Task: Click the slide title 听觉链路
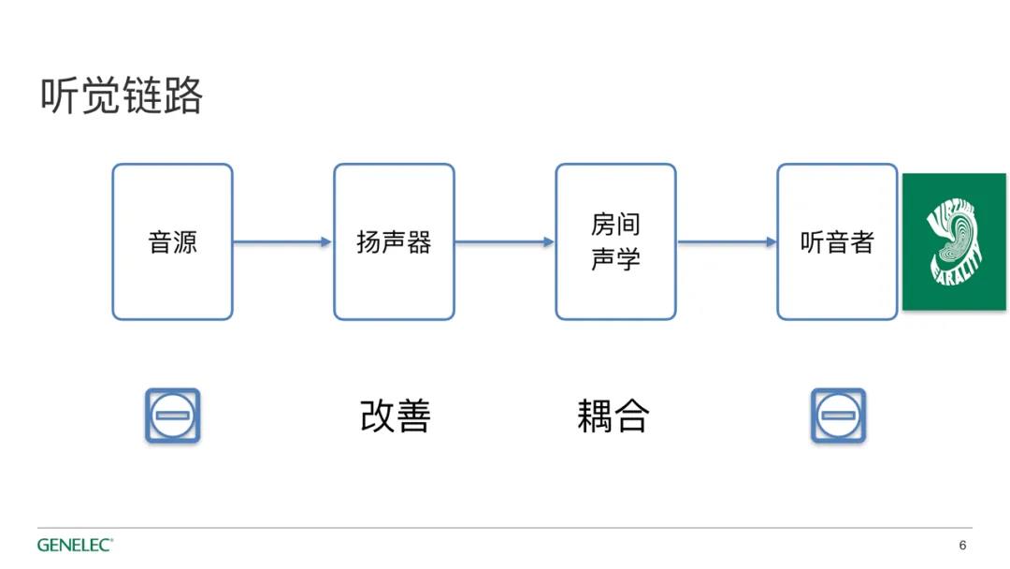pyautogui.click(x=122, y=95)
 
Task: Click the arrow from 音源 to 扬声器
pyautogui.click(x=282, y=242)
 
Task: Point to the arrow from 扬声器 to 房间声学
pyautogui.click(x=504, y=242)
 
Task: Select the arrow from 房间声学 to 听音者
pyautogui.click(x=727, y=242)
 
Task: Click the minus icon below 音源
pyautogui.click(x=173, y=416)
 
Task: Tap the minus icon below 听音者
pyautogui.click(x=838, y=416)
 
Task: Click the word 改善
pyautogui.click(x=395, y=416)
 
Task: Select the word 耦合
pyautogui.click(x=613, y=416)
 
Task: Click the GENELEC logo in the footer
pyautogui.click(x=75, y=546)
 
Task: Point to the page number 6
pyautogui.click(x=962, y=546)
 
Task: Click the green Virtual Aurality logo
pyautogui.click(x=954, y=241)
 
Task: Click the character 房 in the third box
pyautogui.click(x=603, y=225)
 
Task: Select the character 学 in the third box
pyautogui.click(x=628, y=259)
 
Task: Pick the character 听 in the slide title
pyautogui.click(x=60, y=95)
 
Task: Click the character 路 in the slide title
pyautogui.click(x=183, y=95)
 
